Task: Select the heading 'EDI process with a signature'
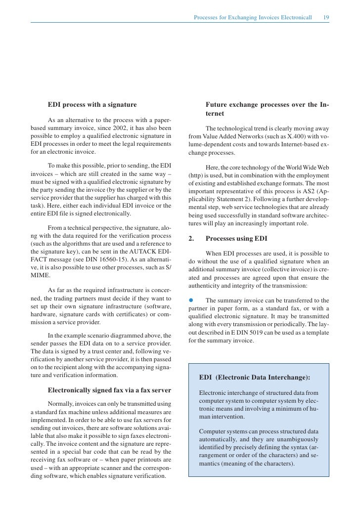tap(92, 105)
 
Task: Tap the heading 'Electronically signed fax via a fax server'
tap(109, 389)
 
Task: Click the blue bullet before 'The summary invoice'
tap(191, 300)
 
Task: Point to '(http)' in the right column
tap(197, 176)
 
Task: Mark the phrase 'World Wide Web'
tap(305, 168)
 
